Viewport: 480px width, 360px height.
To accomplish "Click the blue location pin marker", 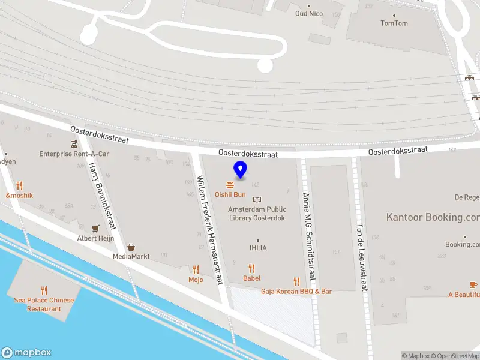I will [240, 170].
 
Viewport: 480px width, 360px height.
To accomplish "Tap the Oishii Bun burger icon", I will [230, 185].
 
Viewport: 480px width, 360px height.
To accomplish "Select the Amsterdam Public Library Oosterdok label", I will [257, 214].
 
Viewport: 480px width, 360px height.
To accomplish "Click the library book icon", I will [257, 199].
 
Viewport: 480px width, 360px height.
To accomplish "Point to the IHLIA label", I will [258, 247].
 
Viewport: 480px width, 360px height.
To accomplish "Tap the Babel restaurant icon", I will [252, 269].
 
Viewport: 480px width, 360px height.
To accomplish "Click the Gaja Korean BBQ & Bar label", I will [296, 292].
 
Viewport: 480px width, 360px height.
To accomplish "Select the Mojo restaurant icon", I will [196, 270].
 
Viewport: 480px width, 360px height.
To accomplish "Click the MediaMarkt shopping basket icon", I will [131, 247].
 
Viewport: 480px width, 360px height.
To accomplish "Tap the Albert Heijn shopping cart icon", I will [95, 229].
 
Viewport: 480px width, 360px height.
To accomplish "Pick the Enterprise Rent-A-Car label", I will [74, 154].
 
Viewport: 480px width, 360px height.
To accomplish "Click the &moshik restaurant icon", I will [19, 185].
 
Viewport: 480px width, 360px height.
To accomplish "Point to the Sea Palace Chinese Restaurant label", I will [44, 304].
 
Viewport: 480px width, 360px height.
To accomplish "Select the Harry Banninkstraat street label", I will [101, 196].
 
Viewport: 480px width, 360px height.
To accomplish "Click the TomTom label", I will [394, 23].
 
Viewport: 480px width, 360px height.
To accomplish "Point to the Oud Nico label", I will [309, 13].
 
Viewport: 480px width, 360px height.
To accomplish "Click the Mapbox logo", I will [26, 353].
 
